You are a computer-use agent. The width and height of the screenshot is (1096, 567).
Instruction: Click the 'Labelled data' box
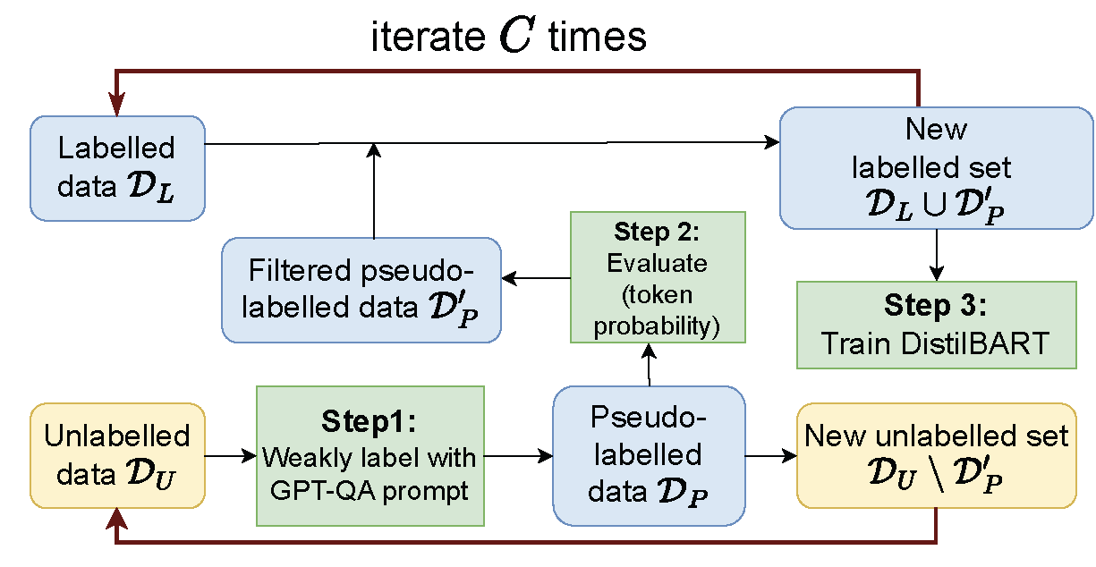tap(117, 167)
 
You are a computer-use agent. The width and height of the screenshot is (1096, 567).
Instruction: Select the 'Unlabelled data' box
tap(117, 455)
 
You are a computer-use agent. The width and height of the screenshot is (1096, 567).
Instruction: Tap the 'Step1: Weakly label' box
tap(370, 455)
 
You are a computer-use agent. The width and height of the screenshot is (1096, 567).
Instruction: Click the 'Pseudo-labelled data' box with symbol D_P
tap(648, 455)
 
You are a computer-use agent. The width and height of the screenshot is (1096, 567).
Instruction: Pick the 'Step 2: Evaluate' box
tap(658, 277)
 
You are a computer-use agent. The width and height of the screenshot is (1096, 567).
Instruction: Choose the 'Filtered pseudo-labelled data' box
tap(361, 289)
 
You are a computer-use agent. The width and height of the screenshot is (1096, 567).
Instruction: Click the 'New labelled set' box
tap(936, 167)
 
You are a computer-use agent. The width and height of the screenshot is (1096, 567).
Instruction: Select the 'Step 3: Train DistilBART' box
tap(936, 325)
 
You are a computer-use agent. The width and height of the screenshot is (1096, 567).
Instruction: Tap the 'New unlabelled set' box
tap(936, 455)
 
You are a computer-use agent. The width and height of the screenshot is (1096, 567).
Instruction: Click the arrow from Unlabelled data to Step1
tap(231, 456)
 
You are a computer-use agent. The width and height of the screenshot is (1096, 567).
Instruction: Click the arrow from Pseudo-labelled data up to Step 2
tap(649, 365)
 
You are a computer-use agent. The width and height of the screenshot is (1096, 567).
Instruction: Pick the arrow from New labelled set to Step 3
tap(936, 255)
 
